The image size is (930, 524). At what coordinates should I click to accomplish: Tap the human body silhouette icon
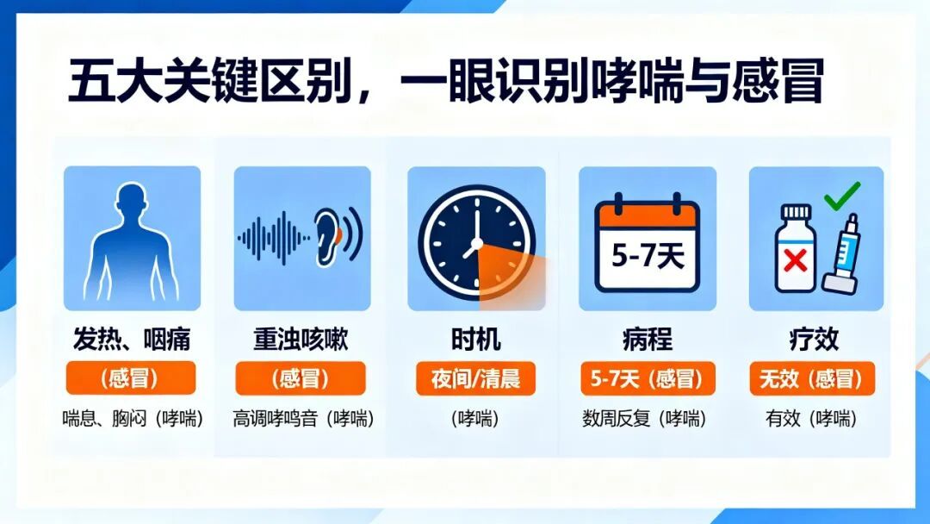pos(132,237)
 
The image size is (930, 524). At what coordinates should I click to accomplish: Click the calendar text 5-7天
pos(648,257)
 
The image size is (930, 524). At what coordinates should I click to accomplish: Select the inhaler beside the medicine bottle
pos(844,254)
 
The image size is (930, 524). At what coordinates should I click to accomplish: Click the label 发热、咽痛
pos(132,340)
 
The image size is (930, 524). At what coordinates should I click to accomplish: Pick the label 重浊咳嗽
pos(301,340)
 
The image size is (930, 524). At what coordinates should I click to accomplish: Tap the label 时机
pos(475,340)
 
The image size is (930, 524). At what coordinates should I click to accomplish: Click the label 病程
pos(647,340)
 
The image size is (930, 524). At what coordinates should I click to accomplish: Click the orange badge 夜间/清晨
pos(475,378)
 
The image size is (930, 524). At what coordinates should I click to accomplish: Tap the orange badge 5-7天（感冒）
pos(647,378)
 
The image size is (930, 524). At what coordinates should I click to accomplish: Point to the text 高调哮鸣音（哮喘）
pos(303,419)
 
